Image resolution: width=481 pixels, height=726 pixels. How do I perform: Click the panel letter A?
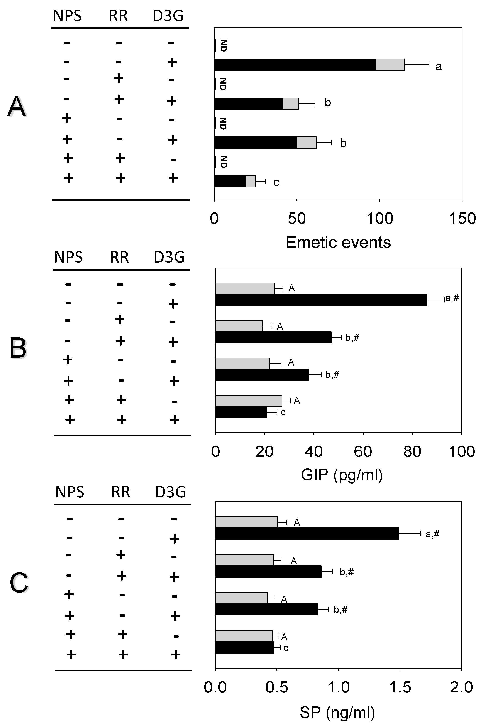pyautogui.click(x=17, y=107)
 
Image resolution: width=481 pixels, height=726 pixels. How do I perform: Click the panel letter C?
pyautogui.click(x=19, y=583)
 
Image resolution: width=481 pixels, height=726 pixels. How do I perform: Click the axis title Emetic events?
pyautogui.click(x=338, y=243)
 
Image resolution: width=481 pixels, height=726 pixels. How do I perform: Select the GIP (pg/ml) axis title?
pyautogui.click(x=342, y=475)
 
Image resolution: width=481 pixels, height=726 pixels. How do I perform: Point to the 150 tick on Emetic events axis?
pyautogui.click(x=462, y=219)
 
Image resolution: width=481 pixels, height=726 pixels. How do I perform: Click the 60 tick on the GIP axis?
pyautogui.click(x=363, y=451)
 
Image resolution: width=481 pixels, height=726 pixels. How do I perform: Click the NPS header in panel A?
pyautogui.click(x=67, y=16)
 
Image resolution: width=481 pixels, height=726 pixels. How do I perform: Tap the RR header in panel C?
pyautogui.click(x=120, y=492)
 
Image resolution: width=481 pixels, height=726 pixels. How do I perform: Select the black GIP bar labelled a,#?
pyautogui.click(x=321, y=300)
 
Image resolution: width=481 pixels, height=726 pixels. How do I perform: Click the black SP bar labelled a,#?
pyautogui.click(x=307, y=534)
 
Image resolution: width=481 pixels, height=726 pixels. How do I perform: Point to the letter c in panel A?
pyautogui.click(x=276, y=183)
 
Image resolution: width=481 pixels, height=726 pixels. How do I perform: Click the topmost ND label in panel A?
pyautogui.click(x=223, y=45)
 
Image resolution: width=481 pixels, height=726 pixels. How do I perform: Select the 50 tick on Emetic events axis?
pyautogui.click(x=297, y=219)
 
